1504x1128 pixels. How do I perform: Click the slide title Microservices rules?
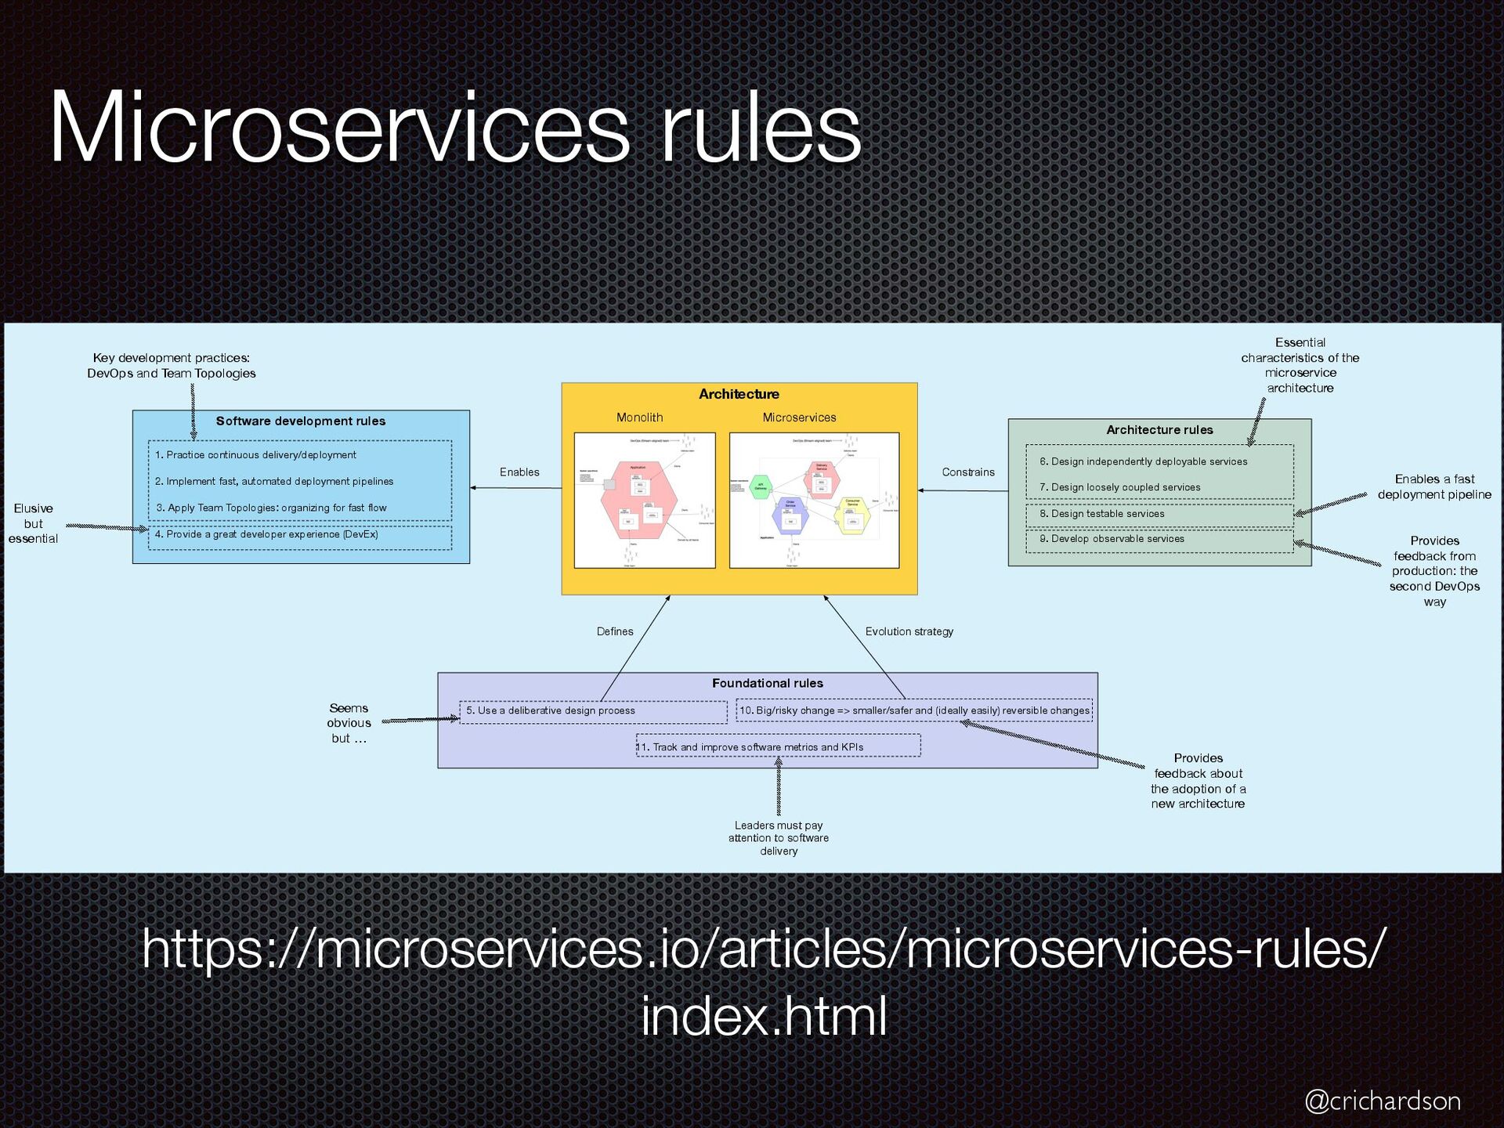coord(454,128)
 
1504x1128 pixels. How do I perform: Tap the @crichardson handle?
coord(1382,1101)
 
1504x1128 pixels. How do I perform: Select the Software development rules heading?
coord(301,421)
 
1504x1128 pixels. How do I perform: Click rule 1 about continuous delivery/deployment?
coord(255,455)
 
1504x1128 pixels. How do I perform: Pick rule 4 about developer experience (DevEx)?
coord(266,534)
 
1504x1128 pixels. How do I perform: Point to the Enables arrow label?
coord(519,472)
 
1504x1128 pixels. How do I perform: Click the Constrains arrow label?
coord(968,472)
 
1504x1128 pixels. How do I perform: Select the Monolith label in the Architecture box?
coord(639,418)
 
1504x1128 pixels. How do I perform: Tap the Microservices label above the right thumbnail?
coord(799,418)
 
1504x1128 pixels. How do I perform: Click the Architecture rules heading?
coord(1159,430)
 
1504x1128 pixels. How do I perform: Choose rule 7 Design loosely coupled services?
coord(1120,487)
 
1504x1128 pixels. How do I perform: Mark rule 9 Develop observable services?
coord(1112,539)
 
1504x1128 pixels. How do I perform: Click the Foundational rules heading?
coord(768,683)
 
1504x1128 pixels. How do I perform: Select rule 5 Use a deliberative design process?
coord(551,710)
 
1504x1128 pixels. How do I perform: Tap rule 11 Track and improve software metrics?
coord(750,747)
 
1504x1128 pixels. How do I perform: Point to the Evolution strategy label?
coord(909,631)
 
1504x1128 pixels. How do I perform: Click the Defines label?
coord(615,631)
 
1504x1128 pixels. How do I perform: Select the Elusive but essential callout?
coord(33,523)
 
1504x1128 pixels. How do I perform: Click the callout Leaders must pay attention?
coord(779,838)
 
